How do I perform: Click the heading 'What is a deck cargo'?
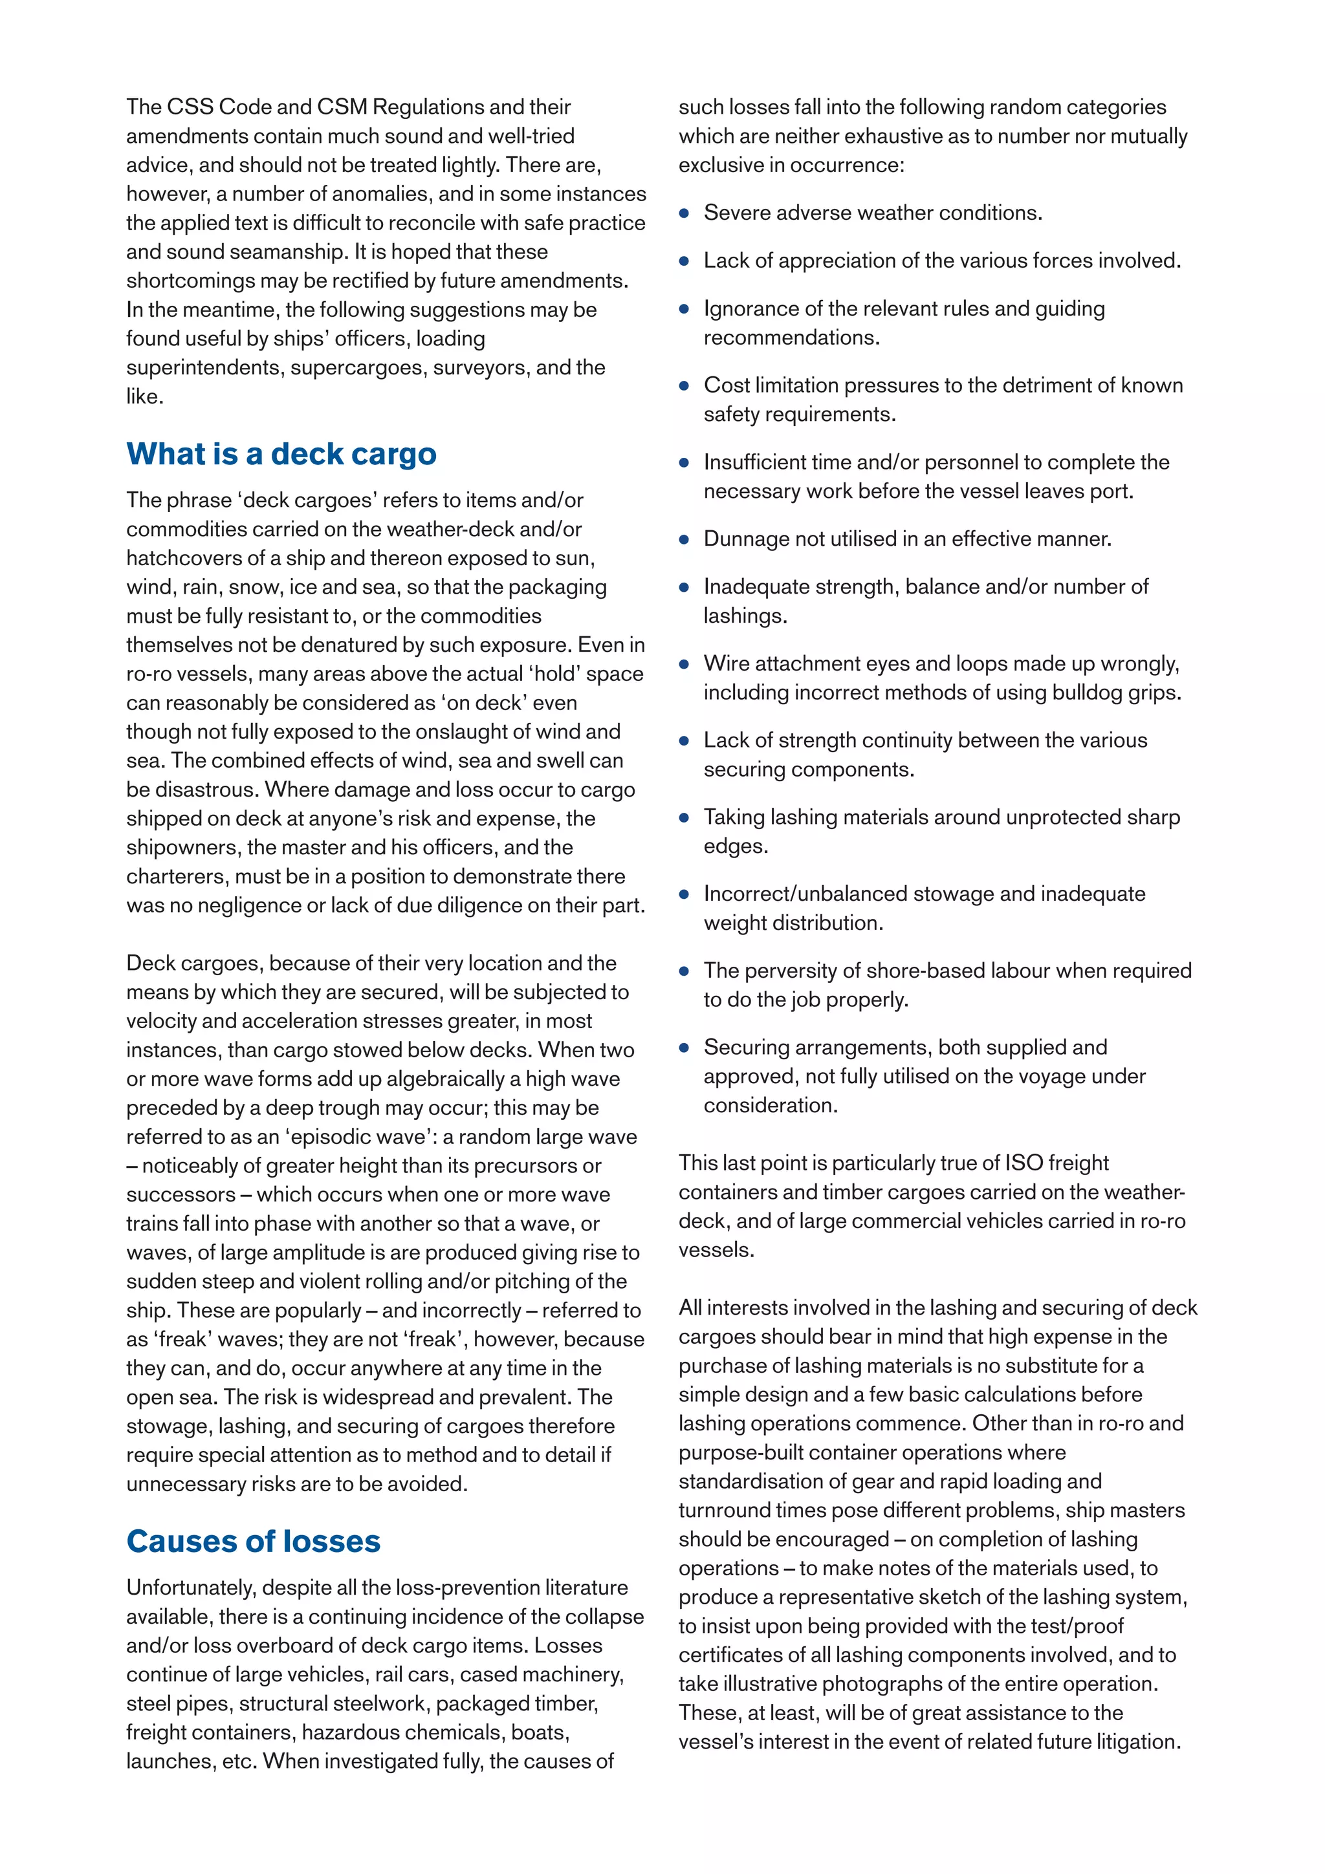click(281, 454)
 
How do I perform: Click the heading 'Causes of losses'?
click(253, 1541)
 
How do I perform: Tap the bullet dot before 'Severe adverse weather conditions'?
click(684, 214)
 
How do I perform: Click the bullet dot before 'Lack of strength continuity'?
click(684, 741)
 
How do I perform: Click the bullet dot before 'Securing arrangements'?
click(684, 1048)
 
